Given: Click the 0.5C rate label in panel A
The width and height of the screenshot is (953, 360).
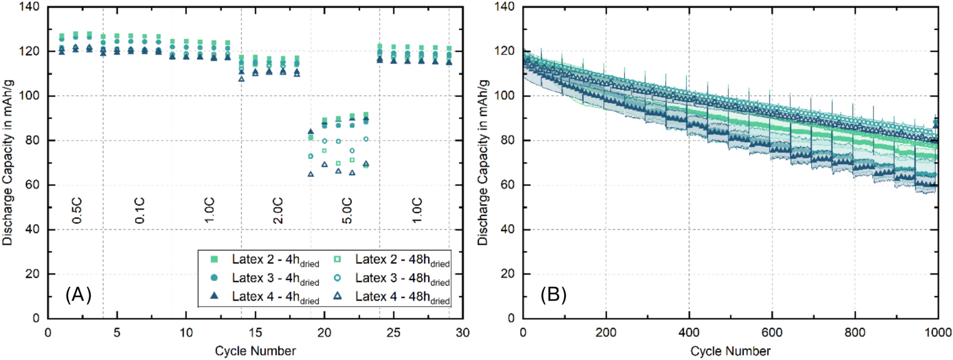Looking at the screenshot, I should click(x=77, y=211).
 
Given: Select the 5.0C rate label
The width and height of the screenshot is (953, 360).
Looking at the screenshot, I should click(x=347, y=211).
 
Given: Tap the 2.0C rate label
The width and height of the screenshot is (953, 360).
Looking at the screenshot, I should click(x=278, y=211).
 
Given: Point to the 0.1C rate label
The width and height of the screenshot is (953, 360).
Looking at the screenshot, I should click(x=140, y=211).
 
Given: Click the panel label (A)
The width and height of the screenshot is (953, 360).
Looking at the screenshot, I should click(x=78, y=295).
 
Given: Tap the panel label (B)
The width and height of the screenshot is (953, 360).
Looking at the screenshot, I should click(x=553, y=295).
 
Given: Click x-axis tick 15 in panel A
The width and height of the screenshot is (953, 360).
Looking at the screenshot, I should click(x=256, y=332).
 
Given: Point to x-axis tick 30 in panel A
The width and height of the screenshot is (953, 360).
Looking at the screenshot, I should click(x=462, y=332).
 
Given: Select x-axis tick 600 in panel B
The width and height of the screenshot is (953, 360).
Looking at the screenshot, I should click(x=772, y=332).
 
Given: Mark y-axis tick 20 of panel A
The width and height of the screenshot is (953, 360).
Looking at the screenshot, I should click(x=32, y=274).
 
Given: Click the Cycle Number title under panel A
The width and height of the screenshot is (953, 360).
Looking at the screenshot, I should click(x=255, y=351).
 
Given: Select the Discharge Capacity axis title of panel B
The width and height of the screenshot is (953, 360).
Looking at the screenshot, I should click(x=483, y=162).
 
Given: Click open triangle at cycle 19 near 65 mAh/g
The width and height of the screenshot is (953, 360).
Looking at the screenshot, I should click(x=311, y=174).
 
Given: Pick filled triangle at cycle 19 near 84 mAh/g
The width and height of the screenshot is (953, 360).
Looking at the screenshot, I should click(x=311, y=132).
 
